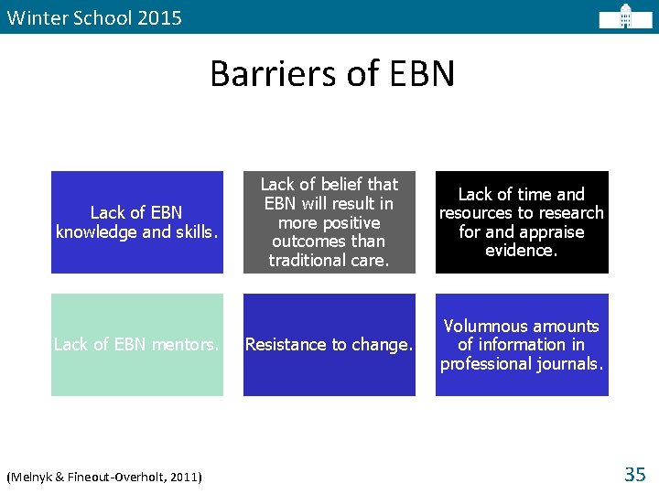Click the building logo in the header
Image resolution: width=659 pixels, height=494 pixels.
click(x=625, y=16)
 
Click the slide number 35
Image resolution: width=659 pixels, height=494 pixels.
click(x=634, y=474)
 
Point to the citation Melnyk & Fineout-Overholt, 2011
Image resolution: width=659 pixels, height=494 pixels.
click(x=104, y=477)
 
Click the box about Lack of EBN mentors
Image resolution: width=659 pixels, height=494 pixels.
click(x=136, y=345)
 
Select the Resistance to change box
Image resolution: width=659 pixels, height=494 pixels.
click(x=329, y=345)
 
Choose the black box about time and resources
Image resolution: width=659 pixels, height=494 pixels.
click(x=521, y=222)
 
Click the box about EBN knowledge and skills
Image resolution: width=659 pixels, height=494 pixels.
click(x=136, y=222)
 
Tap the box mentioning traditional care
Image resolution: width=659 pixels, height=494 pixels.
click(x=329, y=222)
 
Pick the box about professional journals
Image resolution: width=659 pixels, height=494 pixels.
click(x=521, y=345)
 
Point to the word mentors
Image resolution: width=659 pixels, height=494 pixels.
click(x=188, y=345)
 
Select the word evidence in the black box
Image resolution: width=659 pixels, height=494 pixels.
click(x=521, y=251)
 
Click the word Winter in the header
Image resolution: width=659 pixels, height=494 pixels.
click(x=33, y=17)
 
